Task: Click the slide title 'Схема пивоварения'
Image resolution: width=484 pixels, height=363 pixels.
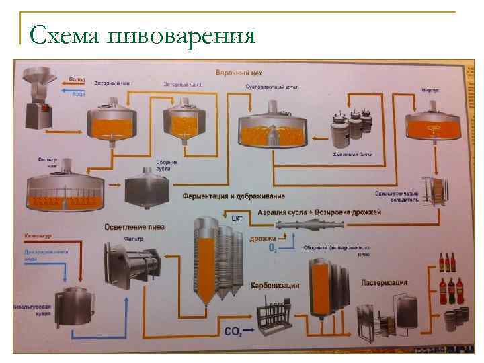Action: pyautogui.click(x=143, y=34)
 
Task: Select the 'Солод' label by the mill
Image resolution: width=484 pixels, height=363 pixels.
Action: pyautogui.click(x=79, y=79)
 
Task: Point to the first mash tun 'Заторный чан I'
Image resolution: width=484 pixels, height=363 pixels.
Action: pyautogui.click(x=112, y=121)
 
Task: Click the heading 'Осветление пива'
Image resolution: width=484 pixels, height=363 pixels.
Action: pyautogui.click(x=134, y=227)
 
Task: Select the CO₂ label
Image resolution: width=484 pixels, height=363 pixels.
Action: pyautogui.click(x=233, y=331)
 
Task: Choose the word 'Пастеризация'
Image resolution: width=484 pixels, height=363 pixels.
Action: pyautogui.click(x=387, y=282)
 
